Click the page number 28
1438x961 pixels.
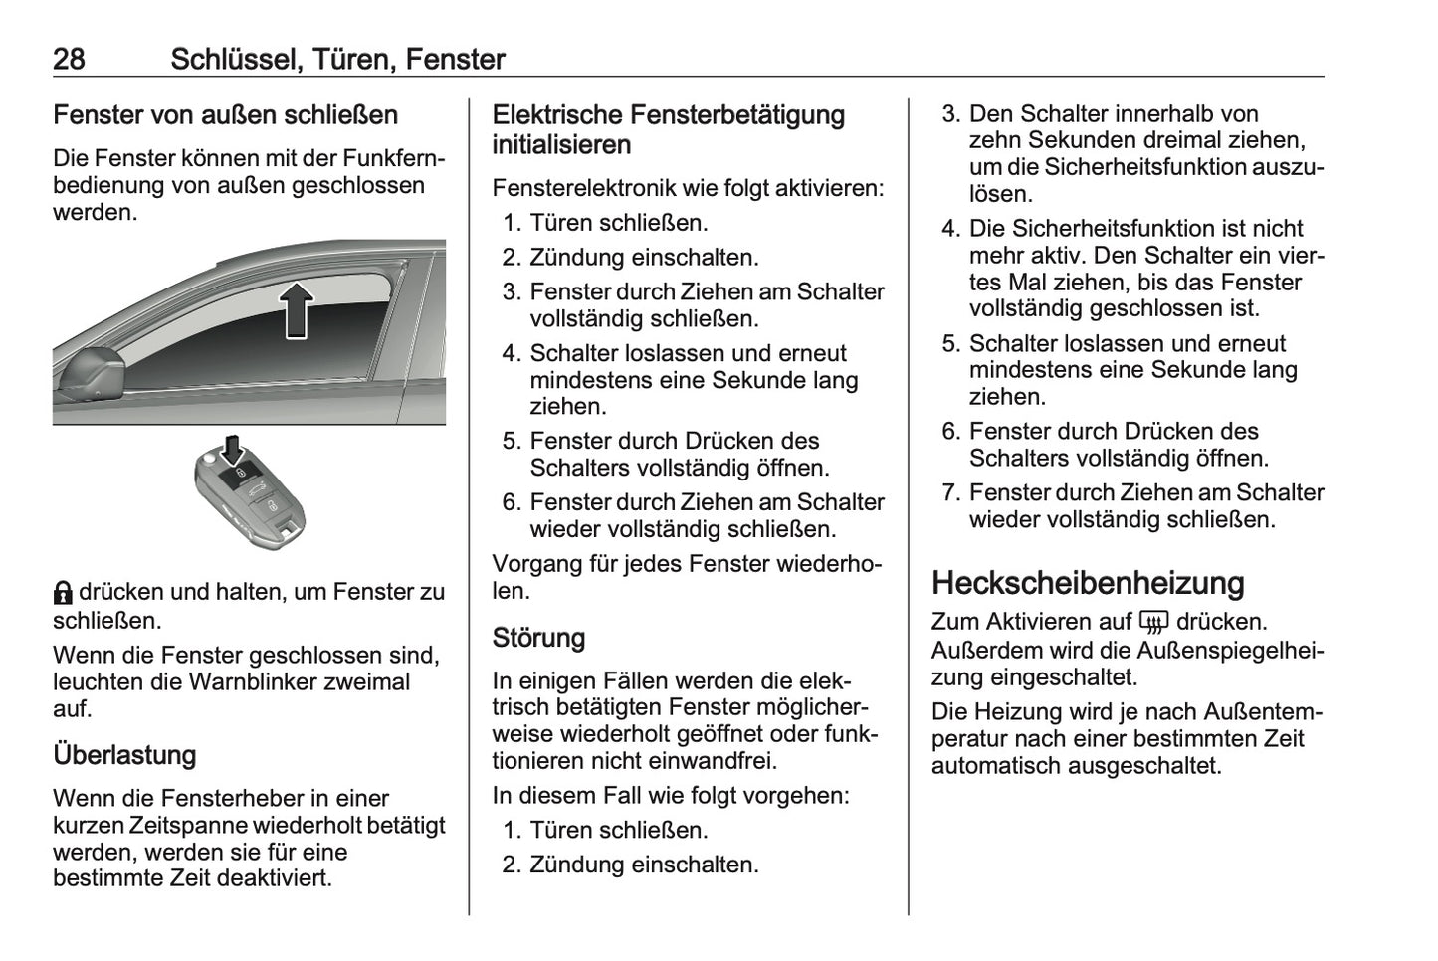(69, 59)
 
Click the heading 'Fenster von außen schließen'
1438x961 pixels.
(225, 115)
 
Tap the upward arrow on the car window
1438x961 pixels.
(297, 309)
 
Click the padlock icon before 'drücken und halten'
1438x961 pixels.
(63, 593)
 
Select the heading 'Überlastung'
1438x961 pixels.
(124, 755)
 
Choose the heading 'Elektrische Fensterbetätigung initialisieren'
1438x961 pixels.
(668, 130)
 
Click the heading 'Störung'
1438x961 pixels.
(538, 638)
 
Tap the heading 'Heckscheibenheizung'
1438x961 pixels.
(1088, 583)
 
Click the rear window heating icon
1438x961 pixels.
(1154, 623)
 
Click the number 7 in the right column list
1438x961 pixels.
(948, 493)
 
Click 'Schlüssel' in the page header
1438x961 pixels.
(234, 59)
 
